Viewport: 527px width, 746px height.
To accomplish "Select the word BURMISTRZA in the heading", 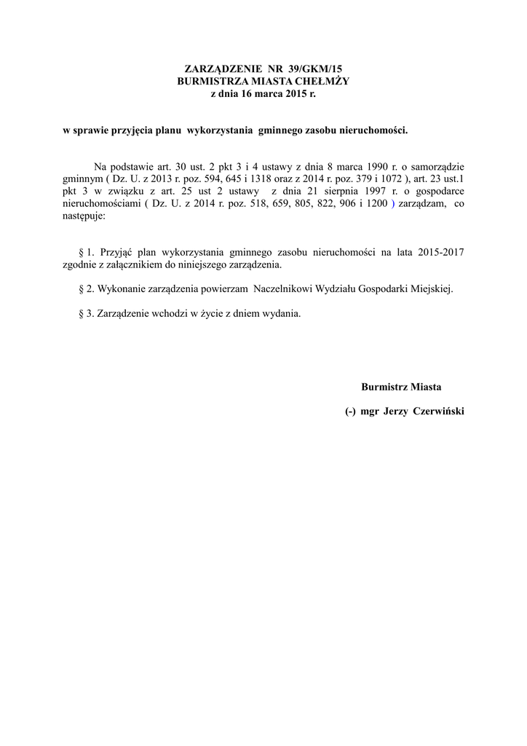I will point(207,81).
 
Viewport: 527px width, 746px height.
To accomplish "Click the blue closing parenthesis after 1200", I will point(393,205).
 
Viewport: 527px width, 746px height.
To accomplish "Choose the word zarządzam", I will point(422,205).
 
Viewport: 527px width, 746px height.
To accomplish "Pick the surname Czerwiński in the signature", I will point(438,412).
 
